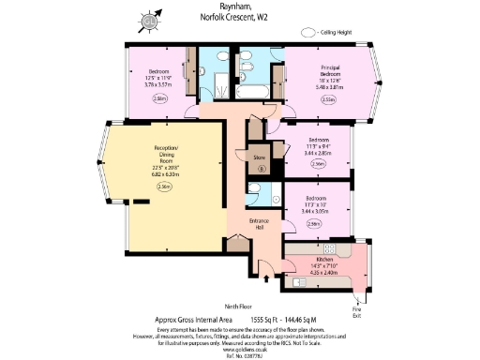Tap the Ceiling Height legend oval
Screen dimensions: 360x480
[307, 32]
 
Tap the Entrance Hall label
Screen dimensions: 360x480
[260, 225]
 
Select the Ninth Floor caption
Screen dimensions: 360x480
[239, 306]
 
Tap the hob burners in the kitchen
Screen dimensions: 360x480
[337, 249]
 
